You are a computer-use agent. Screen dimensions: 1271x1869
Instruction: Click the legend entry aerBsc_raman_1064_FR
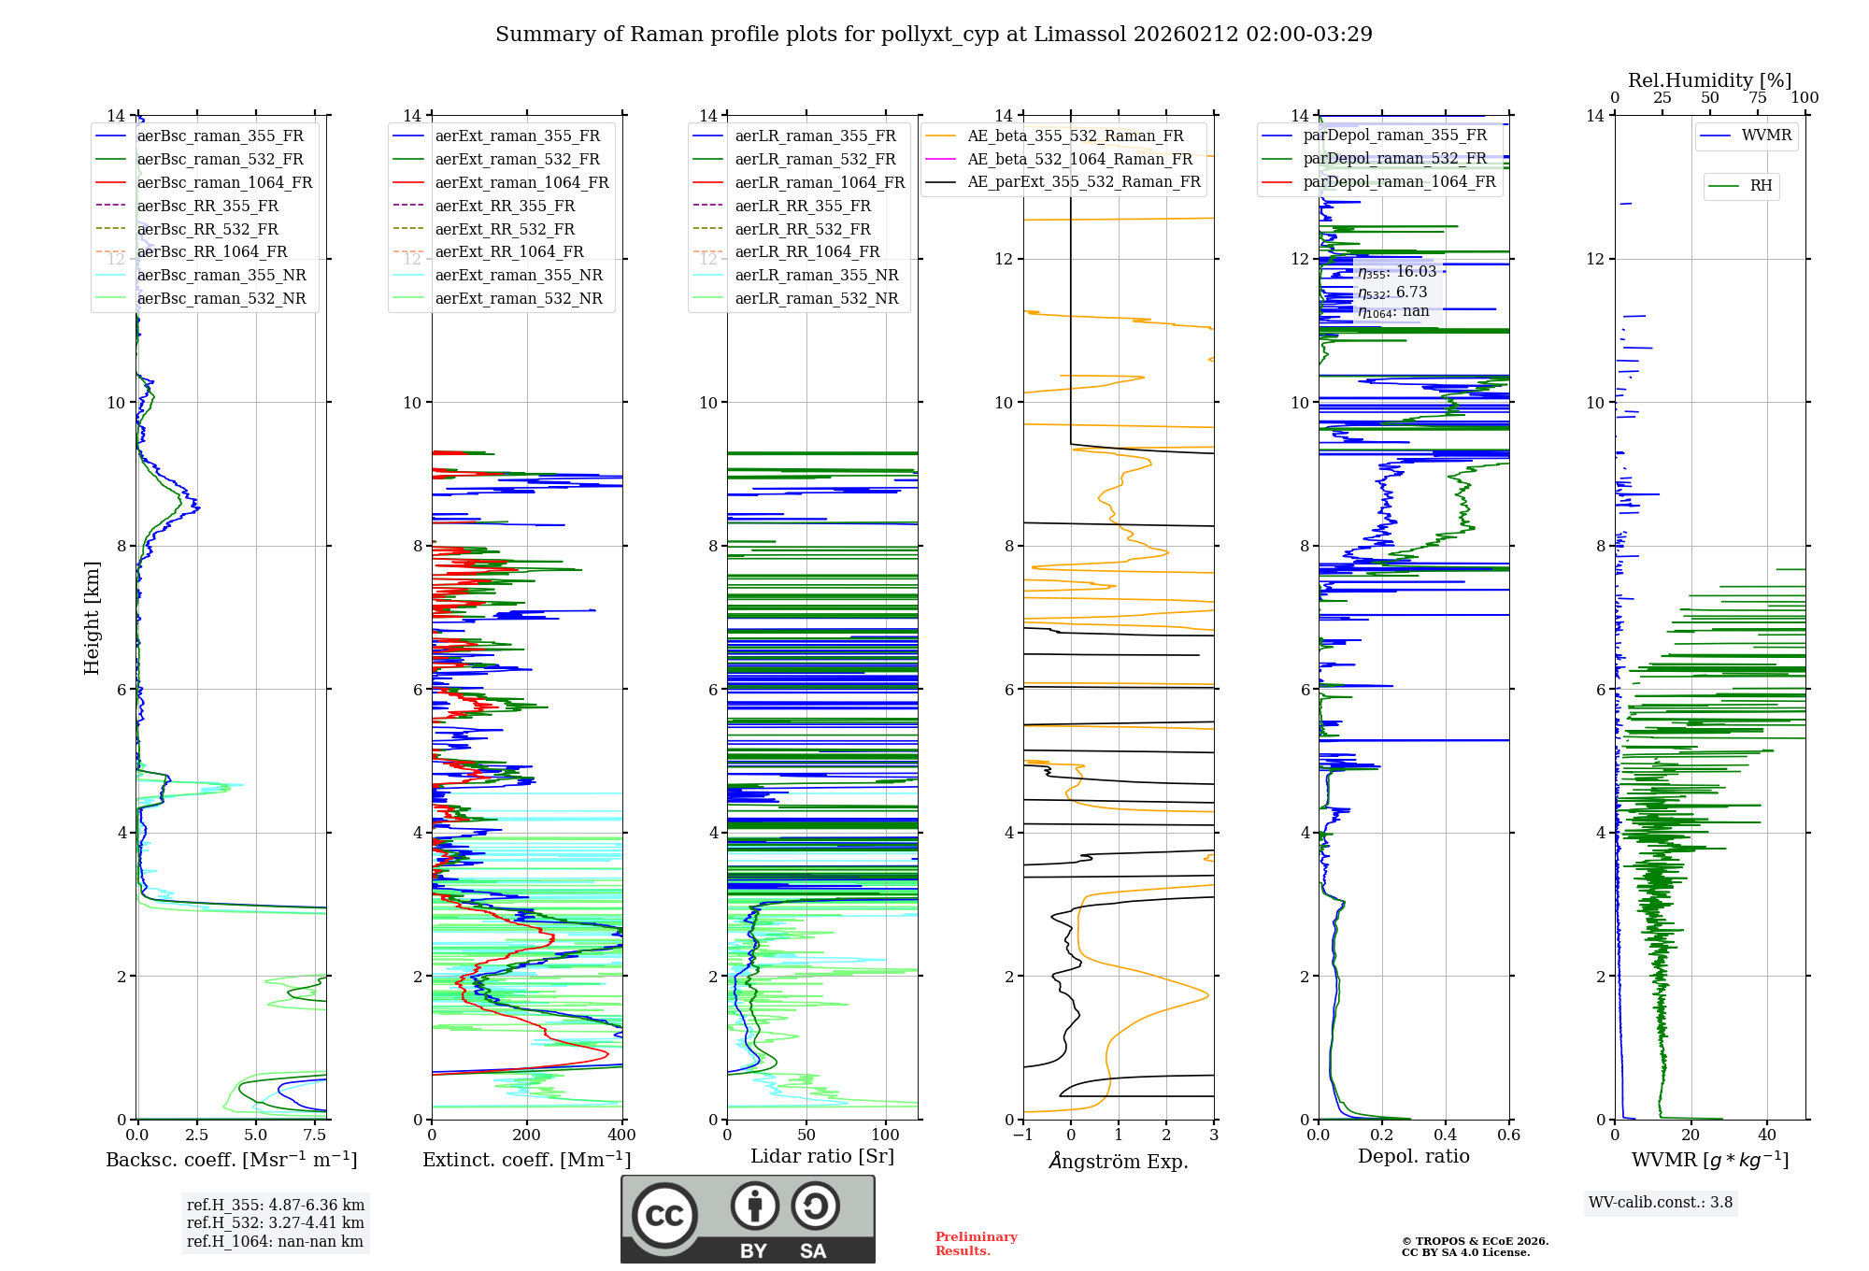coord(224,182)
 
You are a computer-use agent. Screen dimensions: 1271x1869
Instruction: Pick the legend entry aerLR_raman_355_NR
coord(816,275)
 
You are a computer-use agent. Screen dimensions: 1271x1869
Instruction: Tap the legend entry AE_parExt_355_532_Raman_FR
coord(1083,181)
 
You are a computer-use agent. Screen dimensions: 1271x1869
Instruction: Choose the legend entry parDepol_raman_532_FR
coord(1394,159)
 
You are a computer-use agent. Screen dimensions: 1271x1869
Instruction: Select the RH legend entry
coord(1761,186)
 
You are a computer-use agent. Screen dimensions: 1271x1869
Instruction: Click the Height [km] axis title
coord(92,617)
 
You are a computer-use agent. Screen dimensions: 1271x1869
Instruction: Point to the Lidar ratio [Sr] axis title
coord(821,1156)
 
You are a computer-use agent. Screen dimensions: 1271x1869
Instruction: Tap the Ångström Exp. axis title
coord(1118,1161)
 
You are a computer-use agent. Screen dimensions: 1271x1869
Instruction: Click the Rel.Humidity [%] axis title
coord(1709,80)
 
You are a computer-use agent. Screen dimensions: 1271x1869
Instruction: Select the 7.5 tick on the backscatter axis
coord(315,1135)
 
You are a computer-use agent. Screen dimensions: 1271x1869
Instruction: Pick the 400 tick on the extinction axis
coord(621,1135)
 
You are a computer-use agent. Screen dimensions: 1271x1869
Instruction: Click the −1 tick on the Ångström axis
coord(1022,1135)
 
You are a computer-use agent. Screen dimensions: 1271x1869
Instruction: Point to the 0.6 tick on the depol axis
coord(1508,1135)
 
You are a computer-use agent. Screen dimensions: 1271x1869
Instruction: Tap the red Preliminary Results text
coord(976,1244)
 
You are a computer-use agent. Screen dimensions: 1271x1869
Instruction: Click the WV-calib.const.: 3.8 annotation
coord(1660,1203)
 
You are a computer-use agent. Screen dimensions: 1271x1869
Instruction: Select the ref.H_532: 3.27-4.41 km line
coord(275,1223)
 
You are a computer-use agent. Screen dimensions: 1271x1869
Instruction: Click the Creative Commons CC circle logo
coord(664,1216)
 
